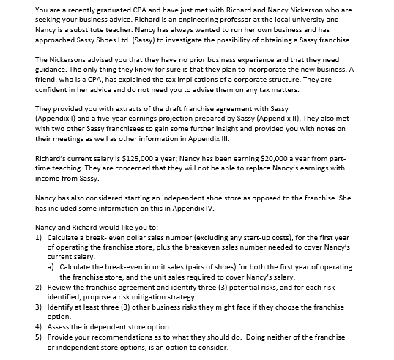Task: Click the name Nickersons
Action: point(72,59)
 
